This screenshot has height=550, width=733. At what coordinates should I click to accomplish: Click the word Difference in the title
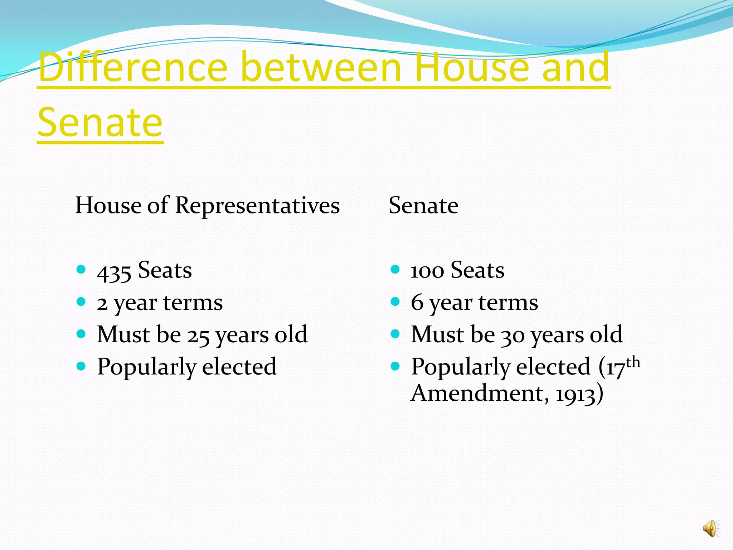pyautogui.click(x=133, y=67)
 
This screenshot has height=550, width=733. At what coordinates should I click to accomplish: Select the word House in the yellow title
pyautogui.click(x=472, y=67)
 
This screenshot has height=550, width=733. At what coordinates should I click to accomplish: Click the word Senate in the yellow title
pyautogui.click(x=100, y=123)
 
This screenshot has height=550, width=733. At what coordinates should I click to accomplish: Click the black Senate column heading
pyautogui.click(x=423, y=206)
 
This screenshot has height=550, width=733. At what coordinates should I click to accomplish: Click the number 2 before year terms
pyautogui.click(x=102, y=304)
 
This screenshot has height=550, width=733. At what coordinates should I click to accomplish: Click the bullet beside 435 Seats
pyautogui.click(x=81, y=269)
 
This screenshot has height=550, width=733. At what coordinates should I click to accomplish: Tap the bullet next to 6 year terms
pyautogui.click(x=395, y=301)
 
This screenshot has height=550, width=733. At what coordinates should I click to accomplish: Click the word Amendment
pyautogui.click(x=477, y=393)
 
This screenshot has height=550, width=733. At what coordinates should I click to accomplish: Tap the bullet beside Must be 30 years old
pyautogui.click(x=395, y=334)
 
